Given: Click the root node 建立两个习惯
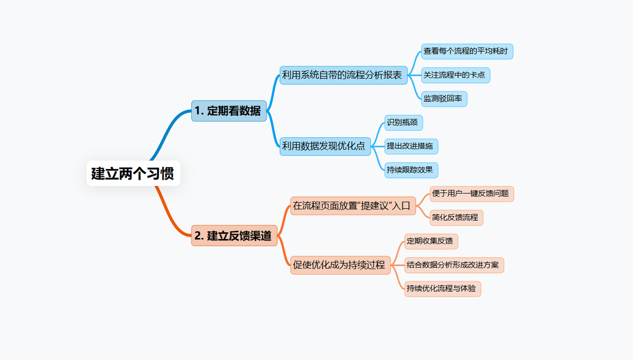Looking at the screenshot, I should (x=133, y=173).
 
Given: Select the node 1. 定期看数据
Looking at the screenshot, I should (x=228, y=111).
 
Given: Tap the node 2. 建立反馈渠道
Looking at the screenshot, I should (x=234, y=236).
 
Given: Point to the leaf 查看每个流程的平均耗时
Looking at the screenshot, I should (x=467, y=52).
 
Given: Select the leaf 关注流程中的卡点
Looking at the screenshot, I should (x=455, y=75).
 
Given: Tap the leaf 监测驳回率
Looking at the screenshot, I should (x=444, y=99).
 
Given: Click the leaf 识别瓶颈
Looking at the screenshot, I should (x=404, y=123).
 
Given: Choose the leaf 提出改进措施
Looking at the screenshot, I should (x=411, y=146).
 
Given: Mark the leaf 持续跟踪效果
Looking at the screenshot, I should (x=411, y=170).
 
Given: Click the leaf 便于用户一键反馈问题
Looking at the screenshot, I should (x=472, y=194).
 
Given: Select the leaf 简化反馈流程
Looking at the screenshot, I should (x=456, y=217).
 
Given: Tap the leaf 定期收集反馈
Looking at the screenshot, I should (x=431, y=241).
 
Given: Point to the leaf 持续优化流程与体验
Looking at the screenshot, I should (x=443, y=289).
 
